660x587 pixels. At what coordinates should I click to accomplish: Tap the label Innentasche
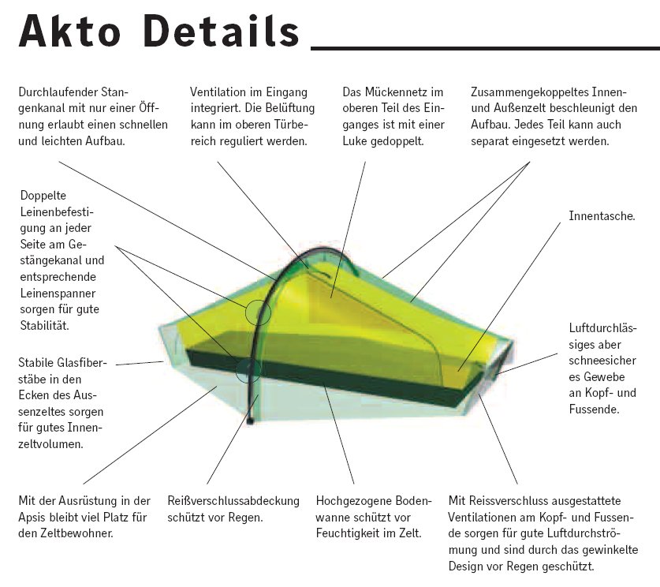click(602, 215)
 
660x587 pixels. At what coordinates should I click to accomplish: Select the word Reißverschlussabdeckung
click(233, 501)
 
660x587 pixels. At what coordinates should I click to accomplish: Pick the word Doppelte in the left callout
click(43, 194)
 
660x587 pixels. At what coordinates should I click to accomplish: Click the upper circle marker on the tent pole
click(257, 313)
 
